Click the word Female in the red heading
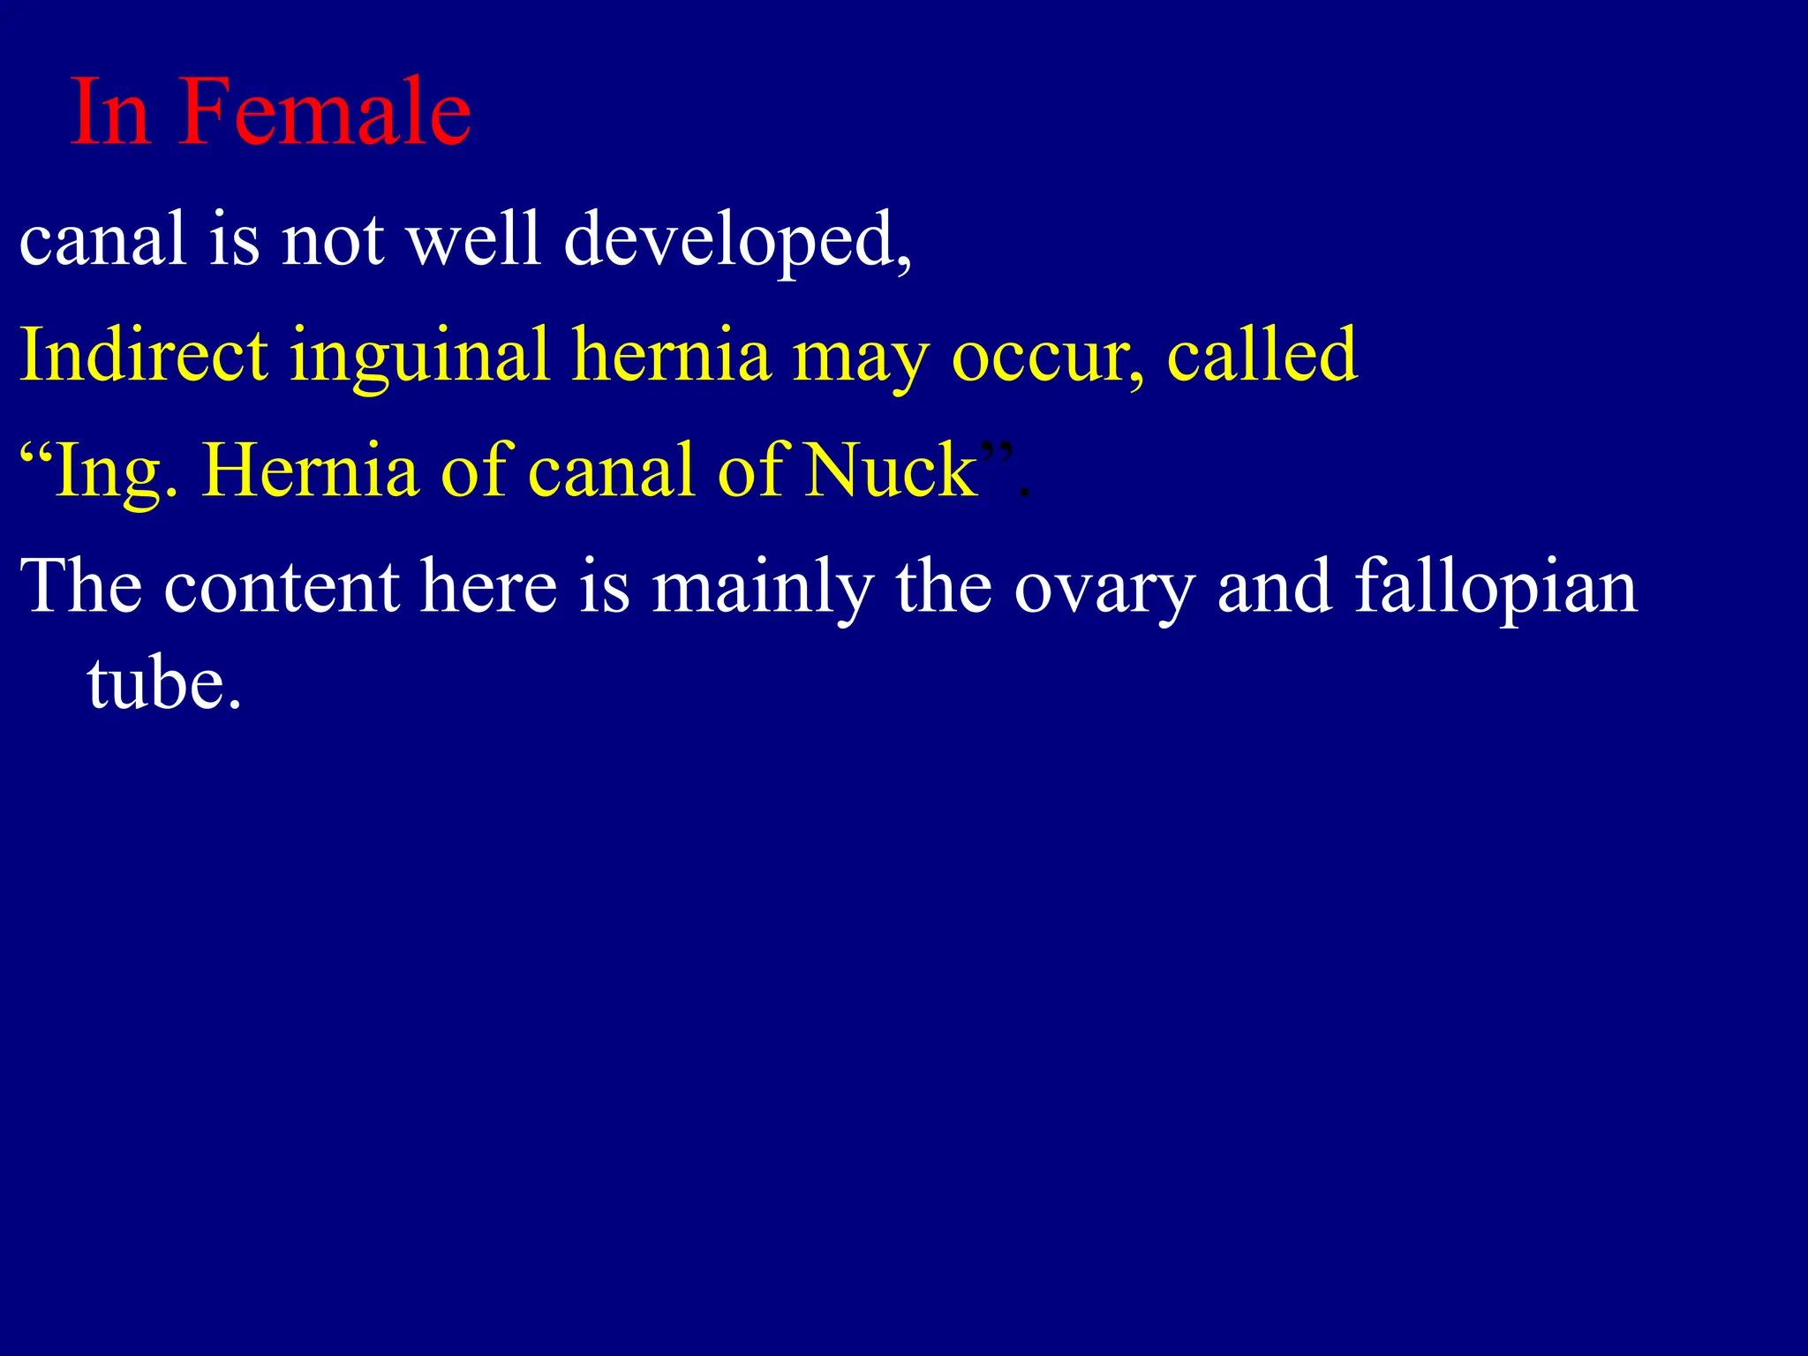click(324, 113)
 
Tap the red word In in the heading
click(109, 113)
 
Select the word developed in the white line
click(737, 240)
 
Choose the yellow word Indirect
click(144, 355)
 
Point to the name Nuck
click(891, 471)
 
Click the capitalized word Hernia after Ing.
click(310, 471)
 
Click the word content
click(282, 588)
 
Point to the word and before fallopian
click(1274, 586)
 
